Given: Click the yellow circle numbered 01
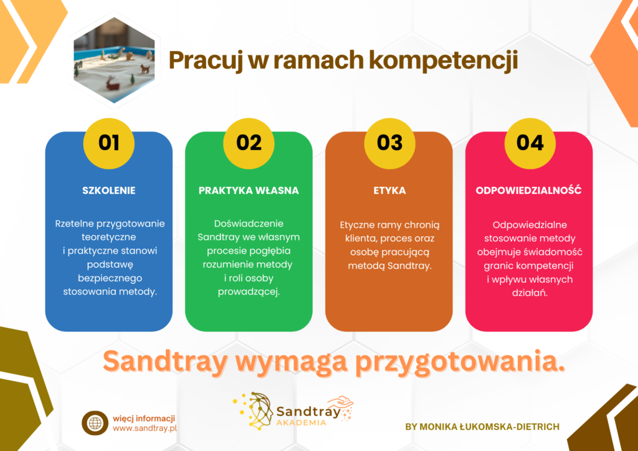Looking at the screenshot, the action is (x=108, y=143).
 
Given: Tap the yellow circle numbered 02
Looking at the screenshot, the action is (x=249, y=143).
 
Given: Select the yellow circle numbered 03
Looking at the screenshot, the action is (x=389, y=143).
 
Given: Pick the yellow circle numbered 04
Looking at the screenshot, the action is (x=530, y=143).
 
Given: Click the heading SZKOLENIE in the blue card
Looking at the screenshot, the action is (x=108, y=191).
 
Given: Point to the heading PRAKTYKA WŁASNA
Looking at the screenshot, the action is (x=249, y=191).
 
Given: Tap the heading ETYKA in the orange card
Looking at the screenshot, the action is (x=389, y=191).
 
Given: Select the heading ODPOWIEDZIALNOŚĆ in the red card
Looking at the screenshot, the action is (x=528, y=191).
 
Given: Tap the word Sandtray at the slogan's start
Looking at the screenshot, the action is (x=164, y=361).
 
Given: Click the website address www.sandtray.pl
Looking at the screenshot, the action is (x=145, y=428).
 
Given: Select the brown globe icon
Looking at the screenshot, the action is (x=95, y=423).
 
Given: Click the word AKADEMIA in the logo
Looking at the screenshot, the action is (x=301, y=422).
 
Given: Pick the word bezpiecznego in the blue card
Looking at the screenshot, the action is (x=110, y=278).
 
